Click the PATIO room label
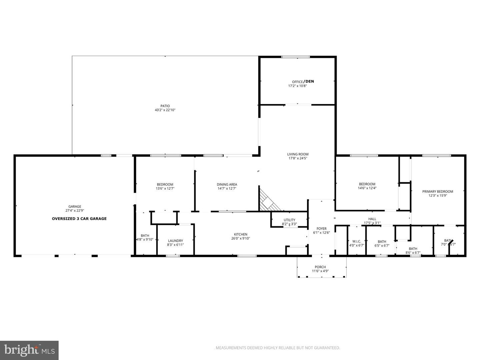[165, 106]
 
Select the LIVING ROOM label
[298, 154]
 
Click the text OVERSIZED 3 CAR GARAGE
[79, 219]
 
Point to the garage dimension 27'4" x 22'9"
[75, 211]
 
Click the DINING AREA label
[227, 184]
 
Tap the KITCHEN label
[240, 234]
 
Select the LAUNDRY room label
[175, 241]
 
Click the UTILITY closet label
[289, 220]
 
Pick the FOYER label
[321, 228]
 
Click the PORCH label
[320, 267]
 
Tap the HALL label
[372, 219]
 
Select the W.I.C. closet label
[356, 241]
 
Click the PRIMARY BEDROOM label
[437, 191]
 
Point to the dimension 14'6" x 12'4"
[367, 188]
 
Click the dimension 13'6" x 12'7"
[165, 189]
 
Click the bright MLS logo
[29, 350]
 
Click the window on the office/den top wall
[295, 57]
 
